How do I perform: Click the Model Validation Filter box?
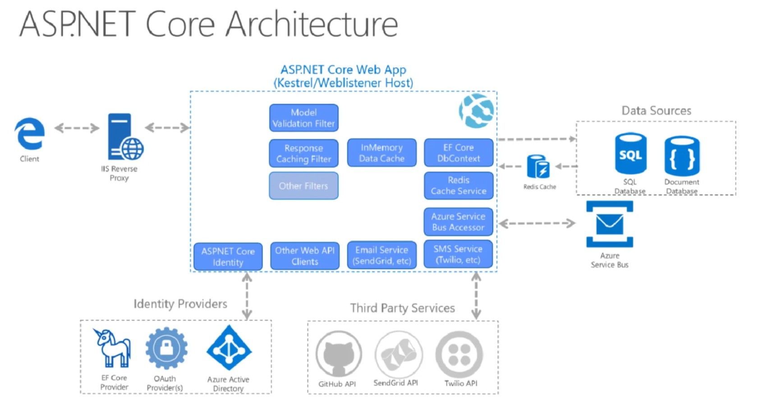pos(303,118)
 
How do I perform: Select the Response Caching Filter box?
pos(303,153)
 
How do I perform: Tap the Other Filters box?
pos(303,186)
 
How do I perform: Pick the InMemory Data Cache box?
pos(381,153)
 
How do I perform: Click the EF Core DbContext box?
pos(458,153)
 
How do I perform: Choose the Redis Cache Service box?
pos(458,185)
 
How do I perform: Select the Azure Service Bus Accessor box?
pos(458,222)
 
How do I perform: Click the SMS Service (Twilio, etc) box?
pos(458,254)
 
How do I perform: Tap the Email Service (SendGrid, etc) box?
pos(381,255)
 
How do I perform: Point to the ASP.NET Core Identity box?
pos(228,257)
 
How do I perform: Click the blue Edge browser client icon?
pos(30,134)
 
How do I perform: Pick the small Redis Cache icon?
pos(538,167)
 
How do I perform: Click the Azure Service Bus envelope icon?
pos(610,224)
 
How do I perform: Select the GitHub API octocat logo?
pos(338,354)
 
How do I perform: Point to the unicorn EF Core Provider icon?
pos(113,348)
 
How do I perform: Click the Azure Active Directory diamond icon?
pos(229,348)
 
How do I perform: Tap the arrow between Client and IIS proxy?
pos(77,128)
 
